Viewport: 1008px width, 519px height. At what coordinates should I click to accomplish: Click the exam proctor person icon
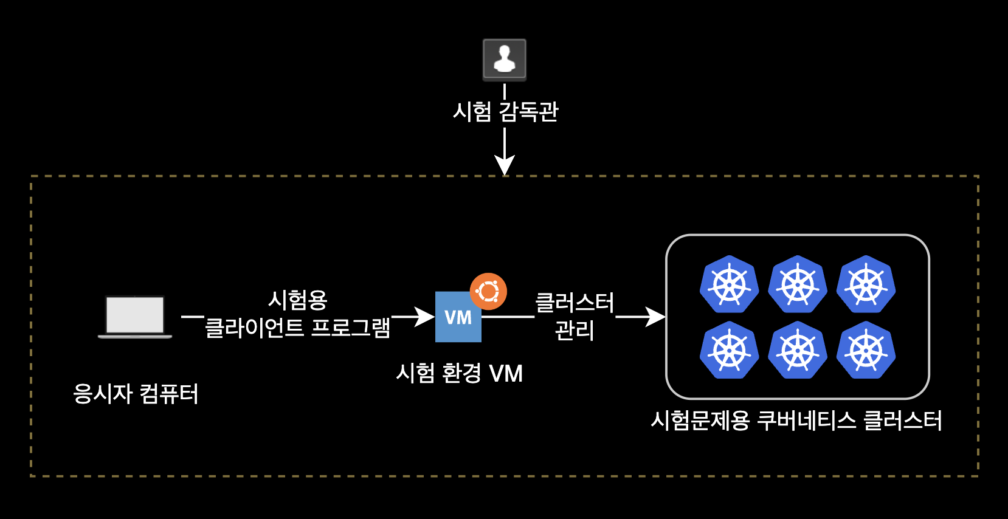[x=504, y=60]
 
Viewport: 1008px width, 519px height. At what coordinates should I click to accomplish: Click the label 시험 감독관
[x=505, y=112]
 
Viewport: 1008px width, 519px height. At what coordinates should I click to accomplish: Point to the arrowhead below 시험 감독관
[x=505, y=165]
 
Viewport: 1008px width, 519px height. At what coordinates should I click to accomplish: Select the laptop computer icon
[x=135, y=317]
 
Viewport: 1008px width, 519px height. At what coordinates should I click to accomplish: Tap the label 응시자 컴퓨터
[x=136, y=394]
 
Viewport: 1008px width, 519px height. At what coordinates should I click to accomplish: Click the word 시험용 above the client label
[x=298, y=300]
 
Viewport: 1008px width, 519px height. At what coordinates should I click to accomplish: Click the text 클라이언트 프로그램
[x=297, y=328]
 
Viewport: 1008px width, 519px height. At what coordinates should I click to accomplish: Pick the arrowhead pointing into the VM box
[x=425, y=317]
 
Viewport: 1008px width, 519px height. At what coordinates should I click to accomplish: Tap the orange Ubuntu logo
[x=488, y=292]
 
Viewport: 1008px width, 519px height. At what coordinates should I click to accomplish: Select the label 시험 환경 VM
[x=459, y=373]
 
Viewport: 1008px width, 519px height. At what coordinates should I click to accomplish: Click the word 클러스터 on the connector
[x=575, y=302]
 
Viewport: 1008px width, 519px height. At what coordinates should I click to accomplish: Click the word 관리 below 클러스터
[x=575, y=330]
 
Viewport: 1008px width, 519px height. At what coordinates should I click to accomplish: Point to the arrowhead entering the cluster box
[x=656, y=317]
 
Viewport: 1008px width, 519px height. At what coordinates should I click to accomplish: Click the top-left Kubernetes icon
[x=729, y=284]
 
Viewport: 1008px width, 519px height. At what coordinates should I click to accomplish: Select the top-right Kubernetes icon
[x=866, y=284]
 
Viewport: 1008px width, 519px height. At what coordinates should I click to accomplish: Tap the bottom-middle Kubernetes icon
[x=798, y=351]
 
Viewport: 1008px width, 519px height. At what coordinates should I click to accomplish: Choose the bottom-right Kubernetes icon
[x=866, y=351]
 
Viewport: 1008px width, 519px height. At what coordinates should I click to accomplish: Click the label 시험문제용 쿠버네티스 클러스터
[x=796, y=421]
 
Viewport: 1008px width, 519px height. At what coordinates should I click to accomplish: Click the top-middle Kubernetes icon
[x=798, y=284]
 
